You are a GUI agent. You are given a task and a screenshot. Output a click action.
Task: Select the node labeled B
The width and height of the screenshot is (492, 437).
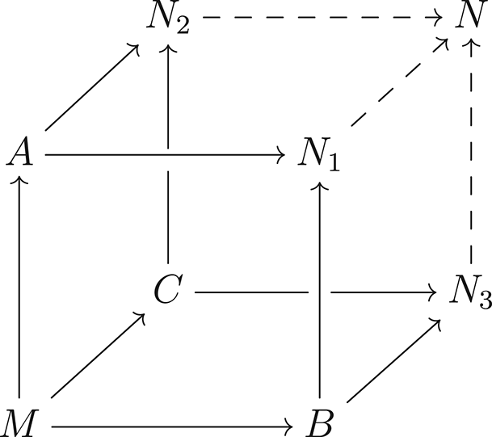point(322,421)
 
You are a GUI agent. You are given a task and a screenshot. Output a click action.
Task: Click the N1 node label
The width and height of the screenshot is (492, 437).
point(320,153)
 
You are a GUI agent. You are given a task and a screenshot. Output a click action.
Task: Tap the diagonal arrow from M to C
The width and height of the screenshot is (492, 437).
point(97,355)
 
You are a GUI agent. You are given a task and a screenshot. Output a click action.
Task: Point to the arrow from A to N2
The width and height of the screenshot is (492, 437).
point(91,87)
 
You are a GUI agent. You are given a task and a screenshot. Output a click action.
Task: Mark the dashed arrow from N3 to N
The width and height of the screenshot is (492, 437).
point(470,153)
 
